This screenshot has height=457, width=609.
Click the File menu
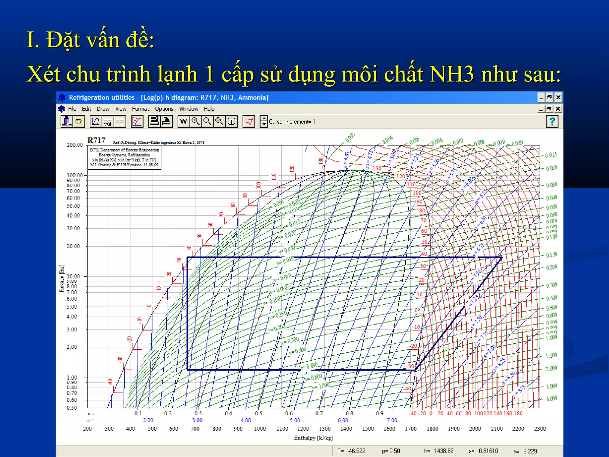click(x=72, y=109)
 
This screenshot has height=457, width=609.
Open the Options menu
click(x=164, y=109)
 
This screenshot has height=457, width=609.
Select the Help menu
click(x=209, y=109)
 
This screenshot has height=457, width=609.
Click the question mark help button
click(x=552, y=121)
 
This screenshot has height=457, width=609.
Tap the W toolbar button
click(x=183, y=121)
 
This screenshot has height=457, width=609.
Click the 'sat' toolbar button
click(x=108, y=121)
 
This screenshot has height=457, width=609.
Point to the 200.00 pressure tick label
click(x=75, y=145)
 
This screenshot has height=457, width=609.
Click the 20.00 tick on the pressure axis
click(x=73, y=246)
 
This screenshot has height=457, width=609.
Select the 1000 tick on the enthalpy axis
click(x=260, y=429)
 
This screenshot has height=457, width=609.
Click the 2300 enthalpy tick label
click(x=540, y=429)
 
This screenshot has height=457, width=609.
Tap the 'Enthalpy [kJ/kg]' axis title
click(x=313, y=438)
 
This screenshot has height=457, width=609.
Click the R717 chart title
click(x=96, y=140)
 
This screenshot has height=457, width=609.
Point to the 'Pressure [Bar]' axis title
click(x=62, y=278)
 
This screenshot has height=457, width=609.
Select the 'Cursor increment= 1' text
click(x=292, y=122)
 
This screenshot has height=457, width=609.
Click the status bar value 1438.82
click(x=444, y=451)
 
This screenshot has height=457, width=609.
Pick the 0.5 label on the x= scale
click(x=258, y=413)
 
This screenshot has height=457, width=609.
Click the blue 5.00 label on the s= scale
click(x=295, y=420)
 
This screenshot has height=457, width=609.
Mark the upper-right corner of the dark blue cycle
click(x=502, y=257)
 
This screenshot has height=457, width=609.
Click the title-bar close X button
click(x=558, y=97)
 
